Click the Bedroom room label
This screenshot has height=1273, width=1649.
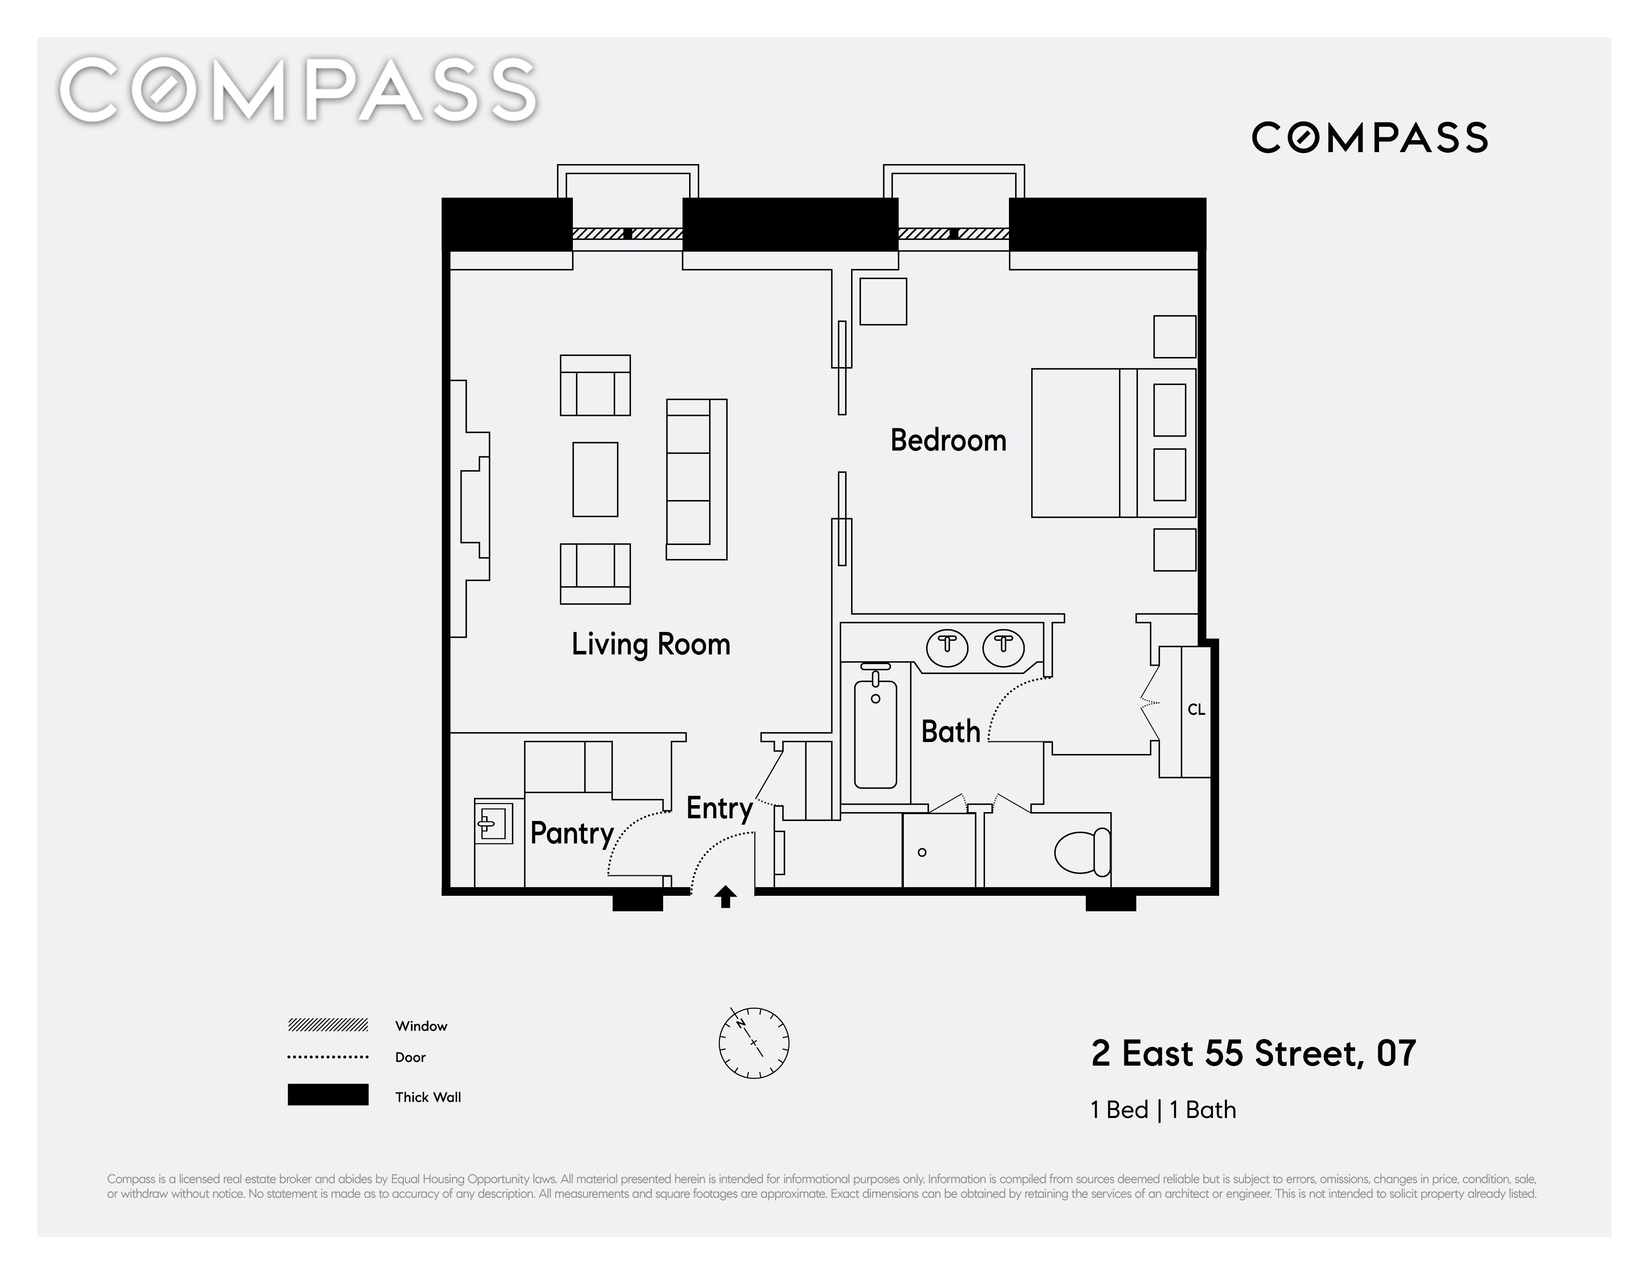pos(948,440)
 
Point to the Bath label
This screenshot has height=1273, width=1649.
pos(950,732)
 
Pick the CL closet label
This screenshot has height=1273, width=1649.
pos(1196,710)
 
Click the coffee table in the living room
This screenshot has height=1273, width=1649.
pos(595,479)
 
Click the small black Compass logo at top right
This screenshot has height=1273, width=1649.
pos(1370,137)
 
